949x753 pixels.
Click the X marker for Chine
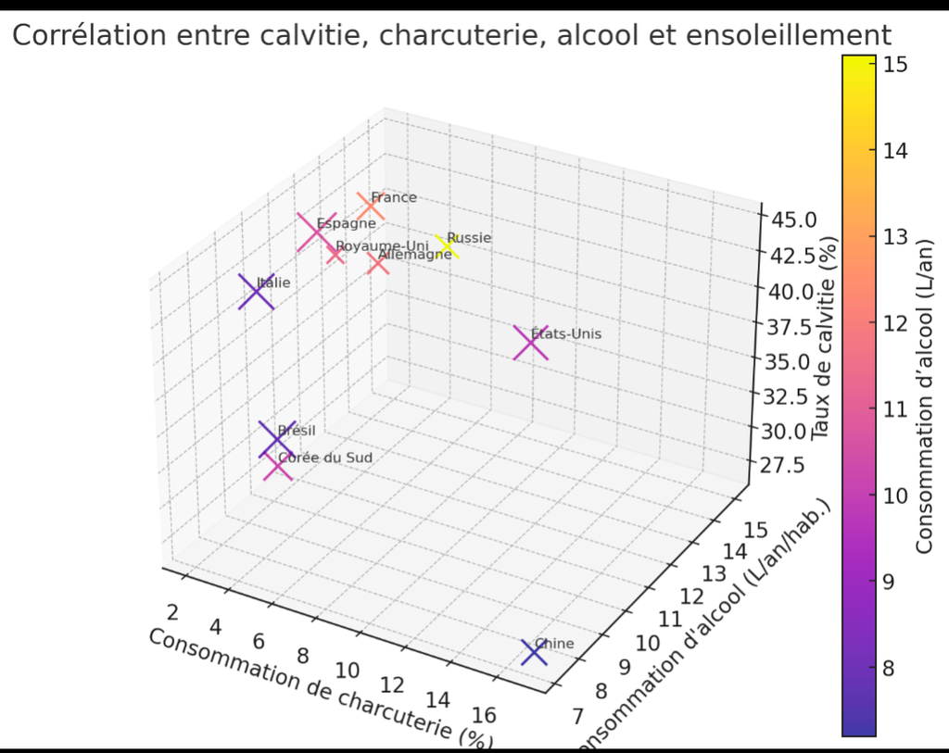coord(535,653)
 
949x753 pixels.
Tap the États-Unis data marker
coord(530,344)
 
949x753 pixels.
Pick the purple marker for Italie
coord(256,293)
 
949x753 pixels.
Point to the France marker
coord(371,207)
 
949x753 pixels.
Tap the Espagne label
coord(346,223)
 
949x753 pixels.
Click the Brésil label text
coord(297,431)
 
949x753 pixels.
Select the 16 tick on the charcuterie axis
coord(484,714)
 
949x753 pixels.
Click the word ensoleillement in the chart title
coord(778,35)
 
